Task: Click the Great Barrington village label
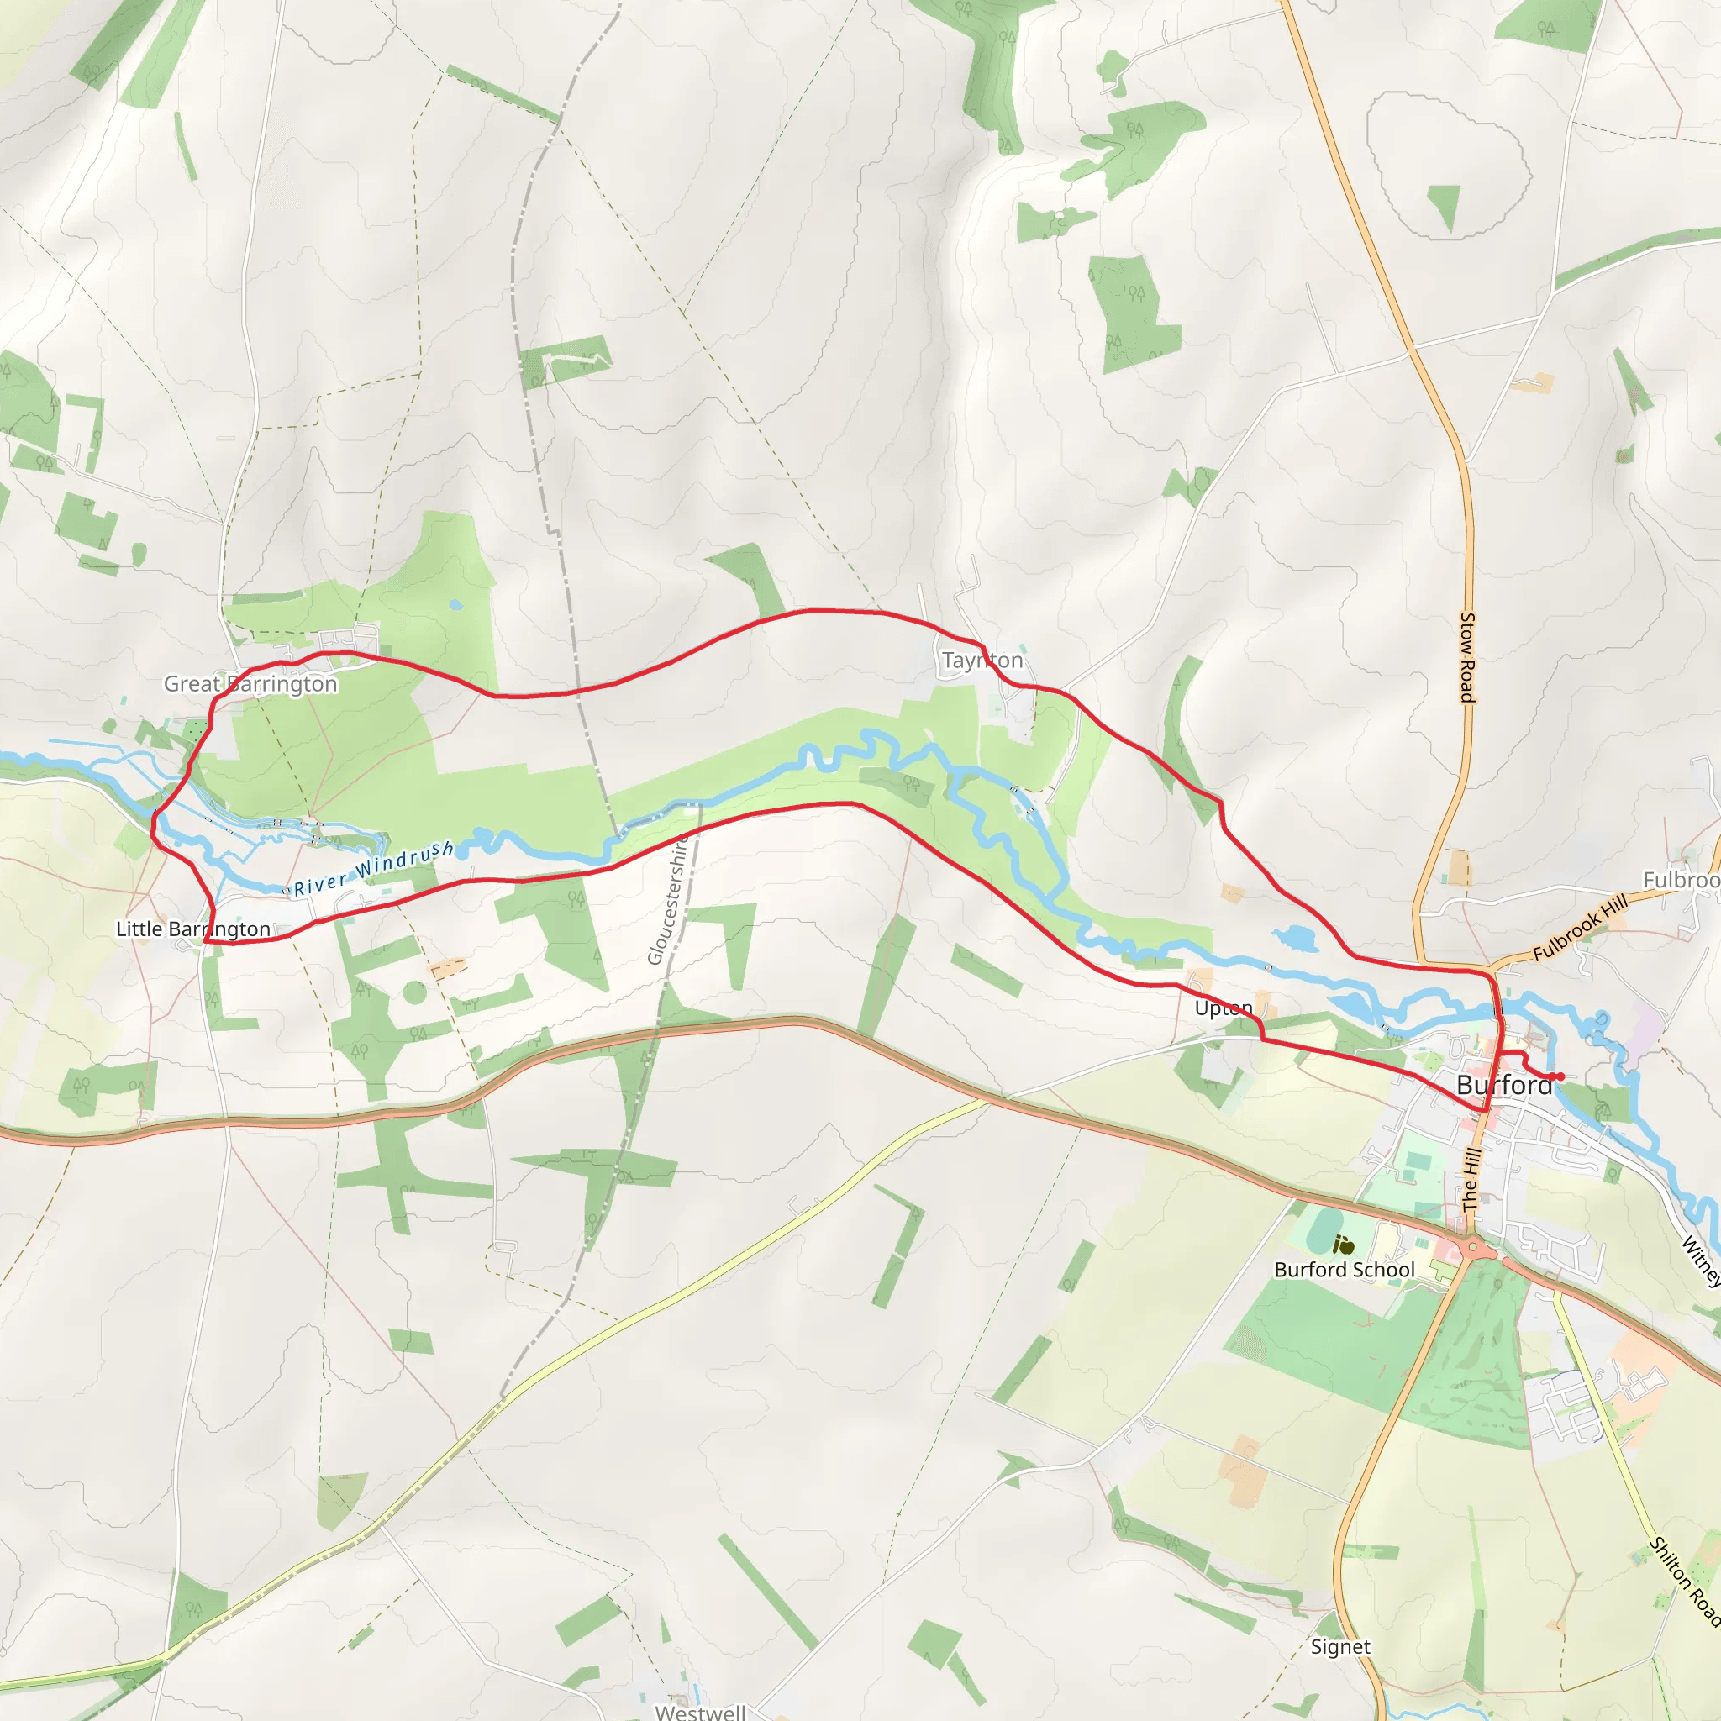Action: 250,683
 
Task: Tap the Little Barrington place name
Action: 193,929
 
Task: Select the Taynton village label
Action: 982,660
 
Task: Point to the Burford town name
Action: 1504,1084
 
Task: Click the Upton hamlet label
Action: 1223,1008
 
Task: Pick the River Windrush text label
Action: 374,869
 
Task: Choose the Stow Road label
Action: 1467,657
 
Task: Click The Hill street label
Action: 1471,1178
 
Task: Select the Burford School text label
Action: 1345,1270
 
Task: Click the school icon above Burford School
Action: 1344,1245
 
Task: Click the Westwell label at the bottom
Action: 700,1711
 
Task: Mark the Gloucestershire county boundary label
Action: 668,900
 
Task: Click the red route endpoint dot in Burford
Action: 1560,1077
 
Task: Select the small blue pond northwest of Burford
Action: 1296,937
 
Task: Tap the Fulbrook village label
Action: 1682,880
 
